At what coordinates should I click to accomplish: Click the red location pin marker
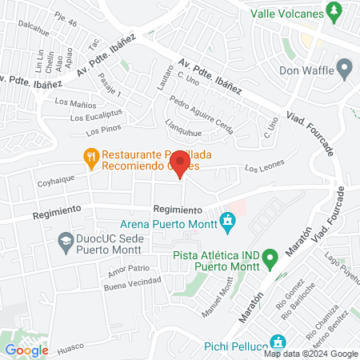click(x=181, y=165)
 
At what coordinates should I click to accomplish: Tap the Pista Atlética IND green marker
click(x=270, y=258)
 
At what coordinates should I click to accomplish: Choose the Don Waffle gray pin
click(x=346, y=70)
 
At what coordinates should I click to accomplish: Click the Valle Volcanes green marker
click(x=338, y=13)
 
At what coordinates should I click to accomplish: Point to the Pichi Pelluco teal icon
click(x=278, y=340)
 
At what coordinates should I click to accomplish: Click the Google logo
click(x=27, y=350)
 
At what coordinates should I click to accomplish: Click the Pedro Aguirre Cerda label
click(x=202, y=115)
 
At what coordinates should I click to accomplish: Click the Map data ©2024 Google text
click(x=311, y=354)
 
